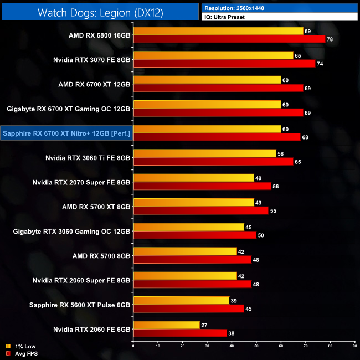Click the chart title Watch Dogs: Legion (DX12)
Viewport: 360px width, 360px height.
tap(100, 12)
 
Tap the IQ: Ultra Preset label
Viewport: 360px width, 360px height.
tap(224, 17)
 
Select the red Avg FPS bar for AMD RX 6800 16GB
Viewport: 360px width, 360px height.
tap(229, 39)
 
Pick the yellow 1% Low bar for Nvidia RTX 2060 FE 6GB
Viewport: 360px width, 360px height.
tap(166, 325)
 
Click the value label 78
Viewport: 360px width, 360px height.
tap(330, 39)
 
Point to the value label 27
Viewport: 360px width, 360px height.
tap(204, 325)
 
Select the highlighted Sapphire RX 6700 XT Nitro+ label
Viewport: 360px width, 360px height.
tap(67, 133)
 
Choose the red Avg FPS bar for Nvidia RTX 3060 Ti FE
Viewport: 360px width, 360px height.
tap(213, 162)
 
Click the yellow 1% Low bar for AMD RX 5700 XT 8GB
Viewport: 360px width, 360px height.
tap(193, 202)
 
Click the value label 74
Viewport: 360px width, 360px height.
tap(320, 64)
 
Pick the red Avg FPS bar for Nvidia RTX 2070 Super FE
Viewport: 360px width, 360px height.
tap(202, 186)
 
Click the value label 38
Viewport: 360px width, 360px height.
tap(232, 333)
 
